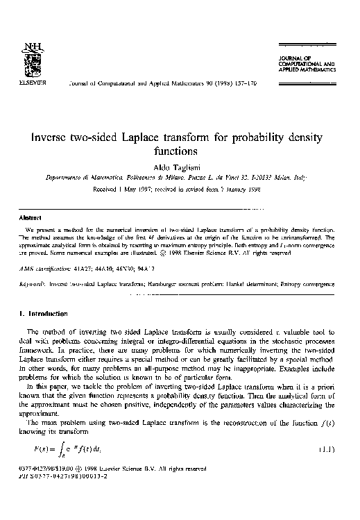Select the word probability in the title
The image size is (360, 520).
click(x=252, y=136)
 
